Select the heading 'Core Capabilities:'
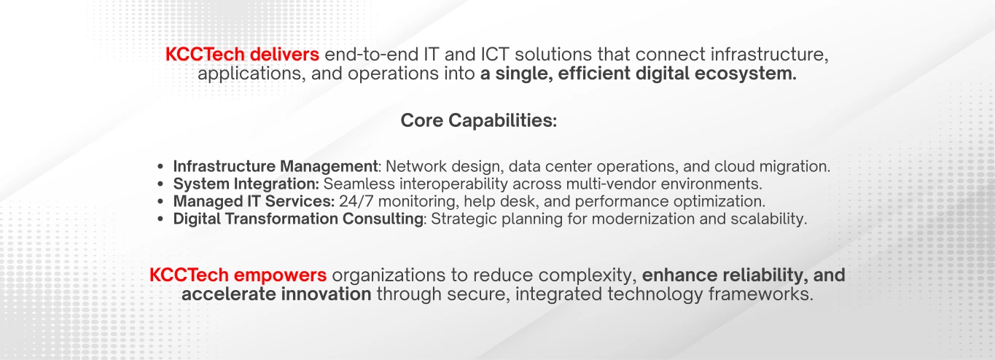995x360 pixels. pyautogui.click(x=479, y=121)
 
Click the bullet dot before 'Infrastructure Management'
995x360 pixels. pyautogui.click(x=161, y=167)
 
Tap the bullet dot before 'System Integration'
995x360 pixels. pyautogui.click(x=161, y=184)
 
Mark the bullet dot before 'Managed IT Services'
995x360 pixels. pyautogui.click(x=161, y=202)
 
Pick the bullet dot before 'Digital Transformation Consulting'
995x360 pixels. pyautogui.click(x=161, y=219)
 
